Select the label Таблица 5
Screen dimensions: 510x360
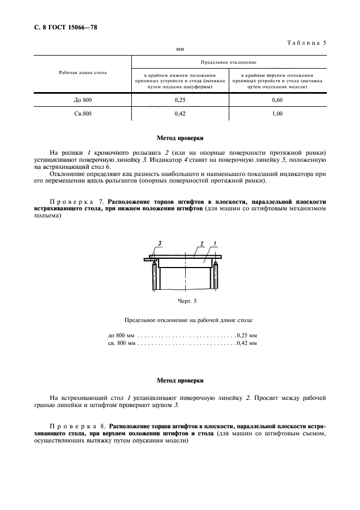point(306,42)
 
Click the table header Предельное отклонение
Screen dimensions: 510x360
point(229,63)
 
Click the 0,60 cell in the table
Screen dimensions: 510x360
point(277,101)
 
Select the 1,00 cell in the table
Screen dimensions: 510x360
point(277,113)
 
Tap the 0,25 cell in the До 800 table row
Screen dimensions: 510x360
point(180,101)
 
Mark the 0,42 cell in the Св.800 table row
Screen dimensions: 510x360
point(180,113)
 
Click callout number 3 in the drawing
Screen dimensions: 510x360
point(160,242)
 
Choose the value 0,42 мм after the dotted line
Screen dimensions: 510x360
point(247,344)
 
